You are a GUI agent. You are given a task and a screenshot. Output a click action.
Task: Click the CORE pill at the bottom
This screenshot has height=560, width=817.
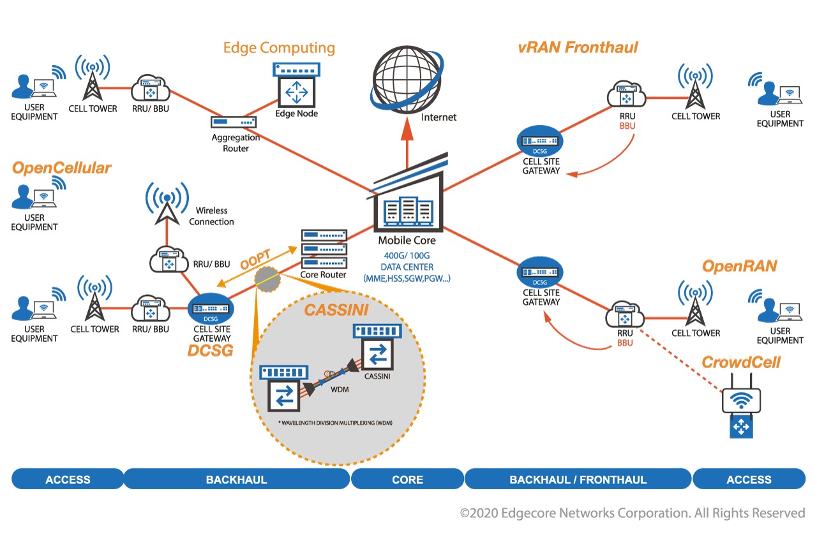pos(407,480)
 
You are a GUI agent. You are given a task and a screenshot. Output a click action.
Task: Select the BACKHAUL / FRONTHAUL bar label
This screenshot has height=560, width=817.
pos(578,480)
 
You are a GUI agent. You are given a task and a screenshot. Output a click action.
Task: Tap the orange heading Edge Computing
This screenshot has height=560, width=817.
pos(279,48)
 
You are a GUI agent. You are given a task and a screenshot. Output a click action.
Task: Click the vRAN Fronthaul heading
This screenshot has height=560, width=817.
pos(578,47)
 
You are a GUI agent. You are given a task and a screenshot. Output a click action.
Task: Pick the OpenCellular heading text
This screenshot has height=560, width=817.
pos(61,168)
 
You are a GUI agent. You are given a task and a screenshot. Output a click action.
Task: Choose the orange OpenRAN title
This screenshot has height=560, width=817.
pos(739,266)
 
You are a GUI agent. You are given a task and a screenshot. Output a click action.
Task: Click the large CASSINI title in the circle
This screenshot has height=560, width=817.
pos(336,310)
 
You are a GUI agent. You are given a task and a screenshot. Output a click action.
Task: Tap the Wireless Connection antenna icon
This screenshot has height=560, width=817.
pos(167,203)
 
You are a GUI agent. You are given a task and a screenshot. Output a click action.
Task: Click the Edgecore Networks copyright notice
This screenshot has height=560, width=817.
pos(633,513)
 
